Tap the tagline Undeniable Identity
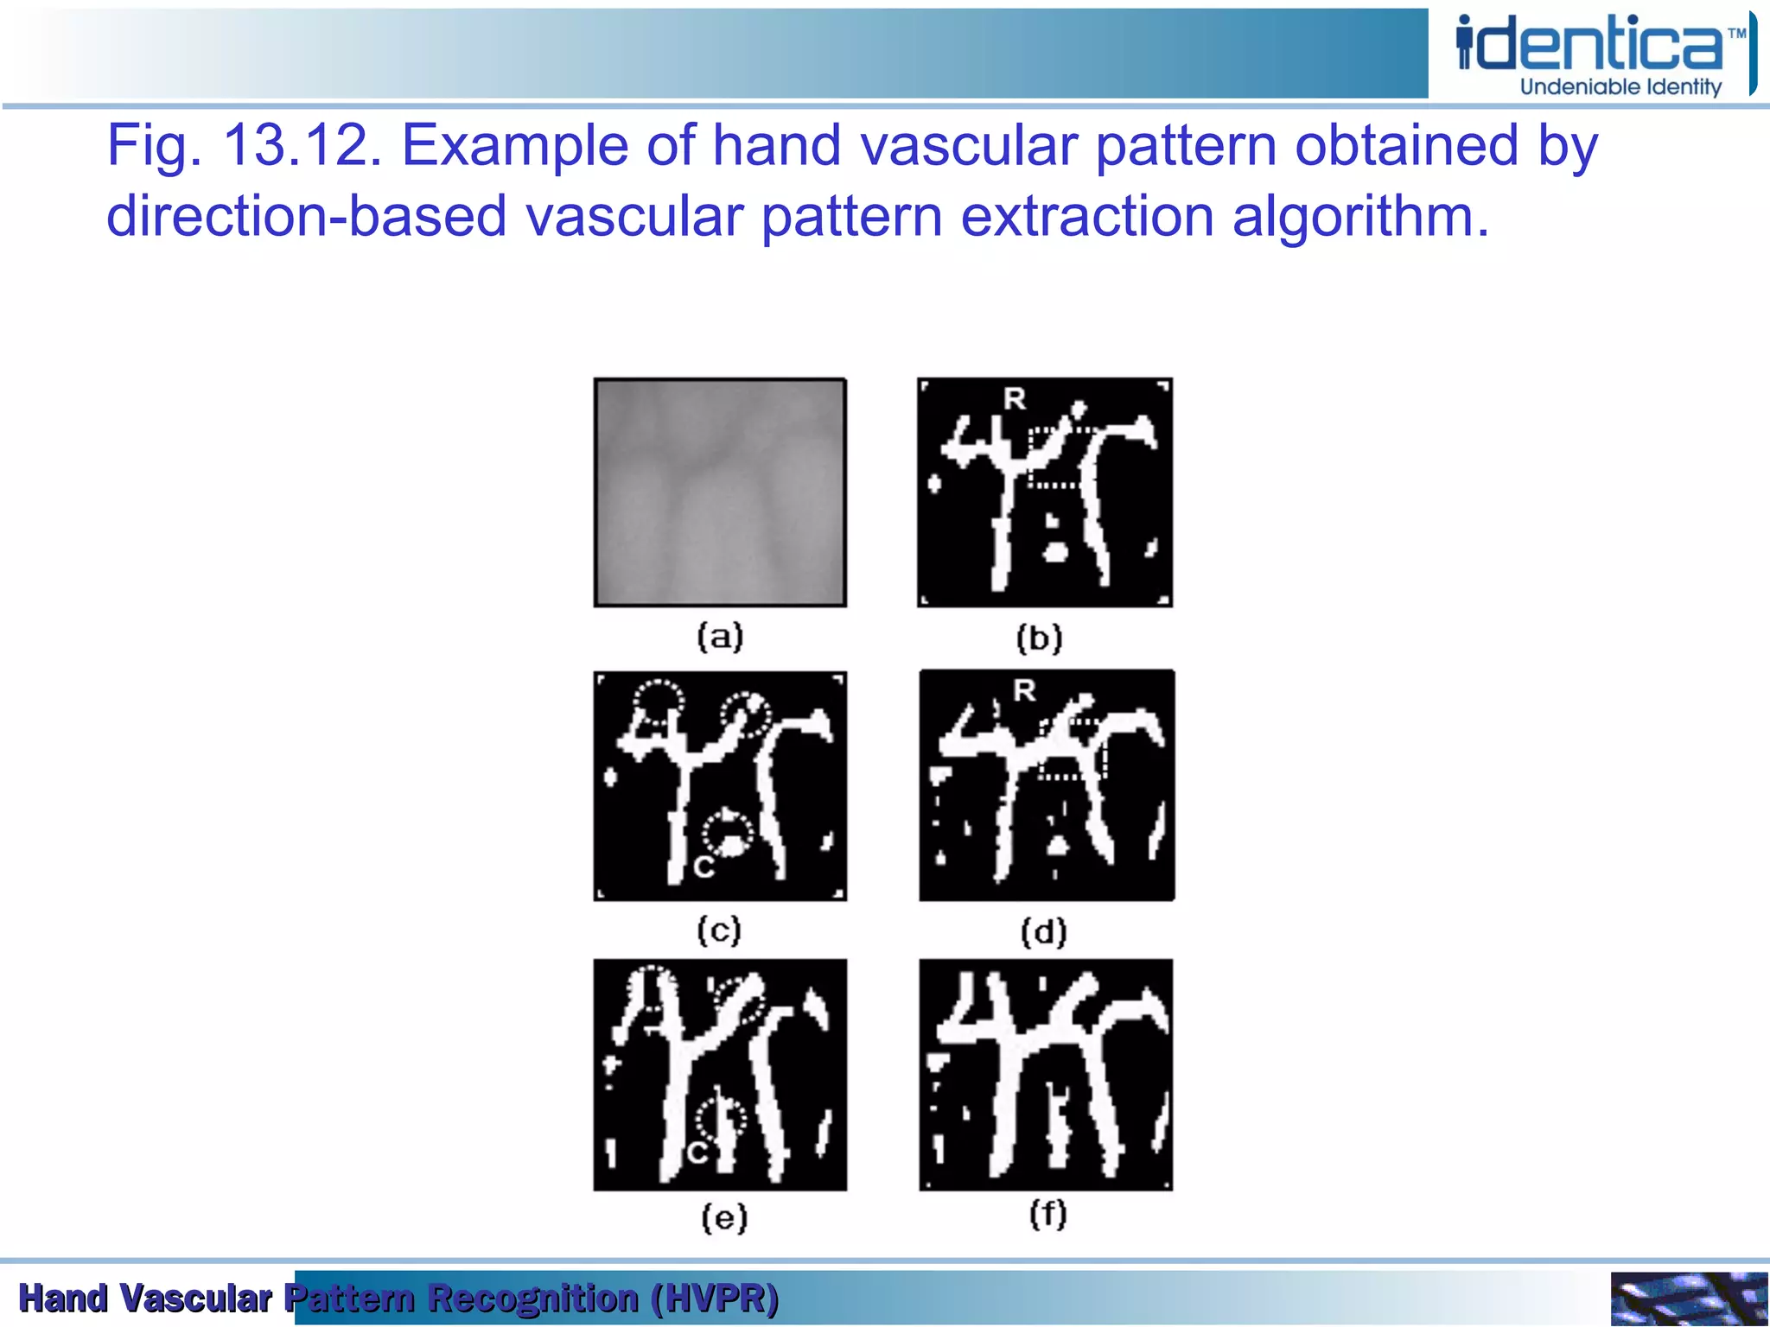tap(1620, 87)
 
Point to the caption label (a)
tap(720, 638)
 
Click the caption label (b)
tap(1039, 639)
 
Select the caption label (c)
tap(719, 930)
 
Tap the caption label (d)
tap(1043, 932)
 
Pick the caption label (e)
tap(723, 1218)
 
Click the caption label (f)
tap(1047, 1215)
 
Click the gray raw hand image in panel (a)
tap(720, 492)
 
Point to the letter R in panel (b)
tap(1015, 399)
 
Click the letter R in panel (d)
tap(1024, 690)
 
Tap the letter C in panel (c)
tap(704, 867)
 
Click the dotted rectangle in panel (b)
tap(1053, 458)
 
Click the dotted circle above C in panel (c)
tap(727, 831)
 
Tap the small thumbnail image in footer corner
tap(1688, 1298)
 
